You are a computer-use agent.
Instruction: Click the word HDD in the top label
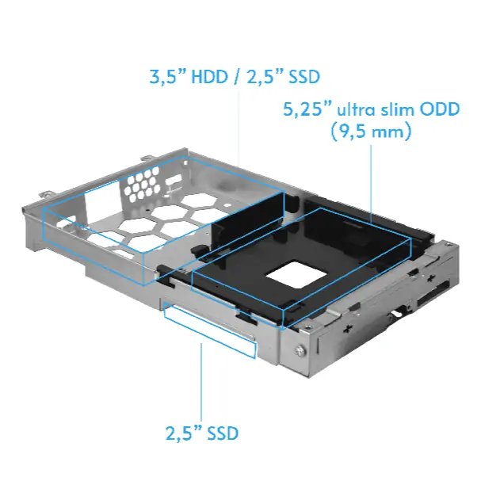coord(209,77)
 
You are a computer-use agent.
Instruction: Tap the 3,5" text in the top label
coord(167,77)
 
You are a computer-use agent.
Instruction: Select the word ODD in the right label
coord(440,109)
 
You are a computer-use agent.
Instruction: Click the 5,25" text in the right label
coord(307,109)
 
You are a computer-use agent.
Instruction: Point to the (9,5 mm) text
coord(371,132)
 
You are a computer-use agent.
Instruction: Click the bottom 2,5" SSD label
coord(202,433)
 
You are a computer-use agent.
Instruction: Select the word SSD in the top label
coord(303,77)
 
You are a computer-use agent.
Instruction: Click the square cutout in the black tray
coord(296,275)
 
